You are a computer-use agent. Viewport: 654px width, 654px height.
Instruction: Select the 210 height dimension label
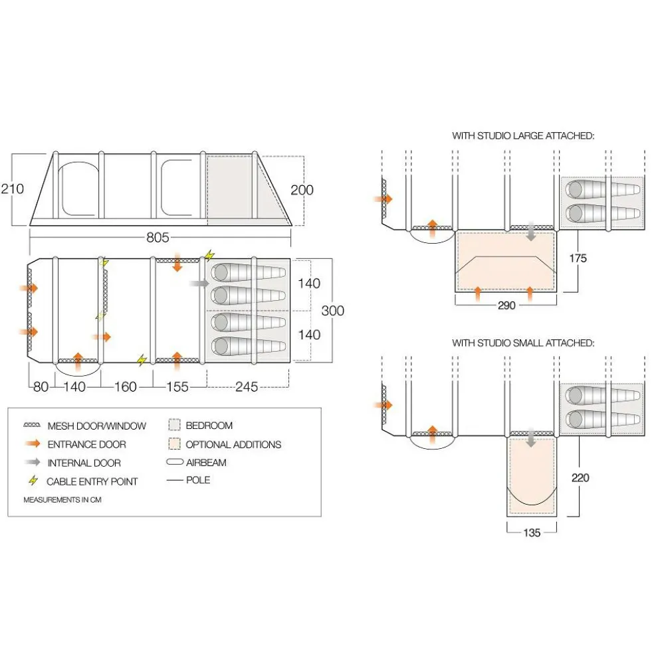[x=13, y=189]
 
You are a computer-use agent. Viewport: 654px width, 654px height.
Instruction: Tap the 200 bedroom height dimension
[x=302, y=190]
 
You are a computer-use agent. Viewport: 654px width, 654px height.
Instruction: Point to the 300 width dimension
[x=332, y=309]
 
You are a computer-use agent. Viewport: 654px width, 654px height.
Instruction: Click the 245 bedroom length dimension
[x=247, y=386]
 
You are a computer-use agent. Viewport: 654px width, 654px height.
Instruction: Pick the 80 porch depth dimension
[x=41, y=386]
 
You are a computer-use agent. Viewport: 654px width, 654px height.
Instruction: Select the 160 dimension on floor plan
[x=126, y=386]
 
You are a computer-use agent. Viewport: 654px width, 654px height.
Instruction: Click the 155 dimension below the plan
[x=177, y=386]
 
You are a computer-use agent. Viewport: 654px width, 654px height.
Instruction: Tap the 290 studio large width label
[x=506, y=306]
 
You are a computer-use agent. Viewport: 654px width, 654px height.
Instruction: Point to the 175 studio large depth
[x=578, y=258]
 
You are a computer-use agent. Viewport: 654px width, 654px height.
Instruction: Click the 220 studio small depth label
[x=580, y=477]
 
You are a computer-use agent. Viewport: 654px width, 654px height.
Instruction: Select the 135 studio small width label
[x=531, y=532]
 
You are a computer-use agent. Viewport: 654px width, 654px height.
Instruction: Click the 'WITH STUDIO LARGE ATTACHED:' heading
[x=522, y=135]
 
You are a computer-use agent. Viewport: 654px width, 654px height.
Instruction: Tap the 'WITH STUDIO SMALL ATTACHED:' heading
[x=522, y=343]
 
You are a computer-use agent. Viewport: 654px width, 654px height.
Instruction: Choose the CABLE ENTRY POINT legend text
[x=92, y=481]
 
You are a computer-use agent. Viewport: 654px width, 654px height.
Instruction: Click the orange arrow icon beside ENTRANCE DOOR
[x=31, y=444]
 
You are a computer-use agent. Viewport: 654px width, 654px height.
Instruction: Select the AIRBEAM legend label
[x=206, y=463]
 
